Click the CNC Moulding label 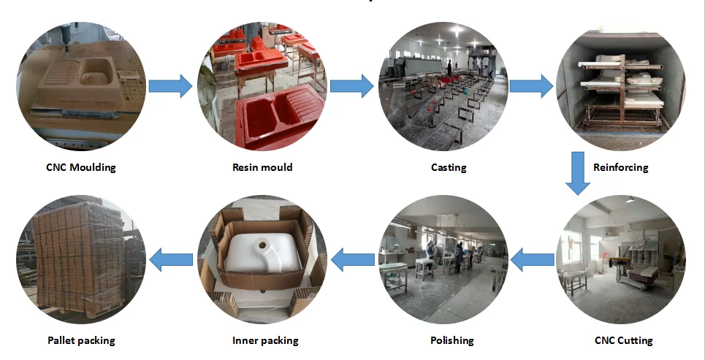(80, 167)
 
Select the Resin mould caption (262, 167)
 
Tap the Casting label (448, 167)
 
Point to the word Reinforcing (620, 167)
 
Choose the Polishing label (451, 340)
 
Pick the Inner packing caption (265, 340)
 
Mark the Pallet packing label (81, 340)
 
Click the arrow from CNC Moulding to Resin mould (170, 86)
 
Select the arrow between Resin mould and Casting (351, 86)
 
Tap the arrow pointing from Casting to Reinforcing (530, 86)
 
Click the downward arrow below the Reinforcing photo (578, 172)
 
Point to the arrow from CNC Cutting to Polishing (532, 258)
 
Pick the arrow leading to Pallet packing (171, 258)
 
